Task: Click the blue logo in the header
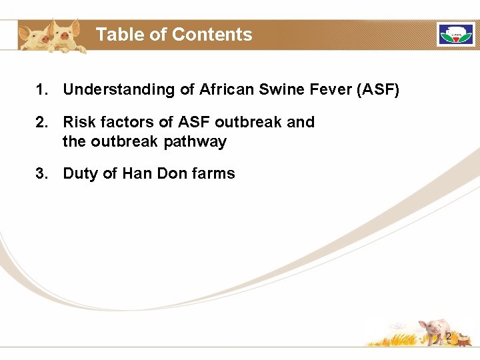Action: (x=455, y=35)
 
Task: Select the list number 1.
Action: (x=41, y=89)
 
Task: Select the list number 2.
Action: (x=41, y=123)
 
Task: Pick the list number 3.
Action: (x=41, y=174)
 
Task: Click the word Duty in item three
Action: (x=79, y=174)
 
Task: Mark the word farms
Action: (x=213, y=174)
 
